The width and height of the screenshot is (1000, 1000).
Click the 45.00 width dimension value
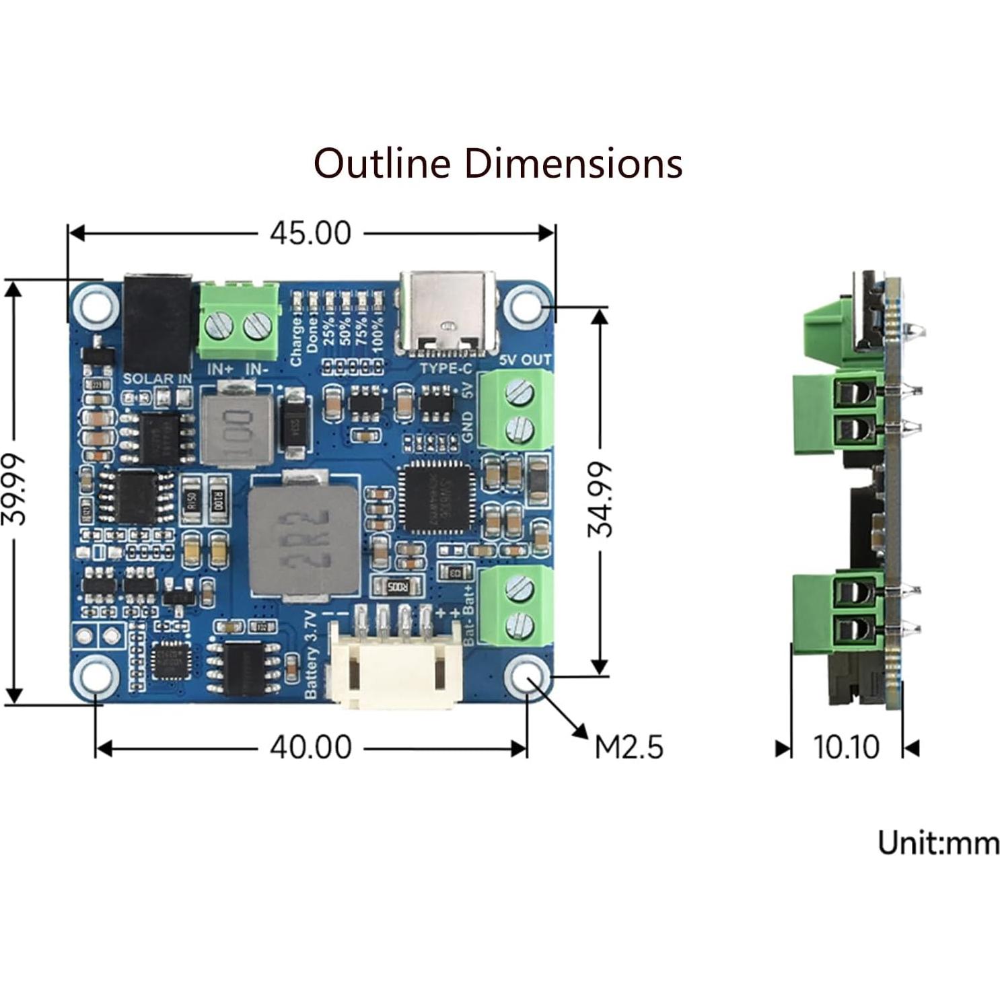click(x=310, y=233)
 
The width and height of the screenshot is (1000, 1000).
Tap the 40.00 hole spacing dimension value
click(x=310, y=747)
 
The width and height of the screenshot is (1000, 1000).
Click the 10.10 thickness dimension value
click(x=846, y=747)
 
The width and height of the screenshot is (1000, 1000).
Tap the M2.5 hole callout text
click(x=629, y=747)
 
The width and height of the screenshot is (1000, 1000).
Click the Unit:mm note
click(x=938, y=843)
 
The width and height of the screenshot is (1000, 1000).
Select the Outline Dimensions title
click(x=498, y=164)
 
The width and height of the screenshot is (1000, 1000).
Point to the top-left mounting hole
click(x=96, y=307)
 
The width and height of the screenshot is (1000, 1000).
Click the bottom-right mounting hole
click(x=527, y=677)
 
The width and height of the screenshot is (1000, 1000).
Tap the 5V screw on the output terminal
click(x=519, y=391)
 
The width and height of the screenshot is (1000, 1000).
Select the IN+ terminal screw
click(x=219, y=327)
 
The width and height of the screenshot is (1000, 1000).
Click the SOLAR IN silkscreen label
click(x=157, y=379)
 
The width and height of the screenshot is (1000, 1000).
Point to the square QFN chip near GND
click(x=435, y=498)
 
